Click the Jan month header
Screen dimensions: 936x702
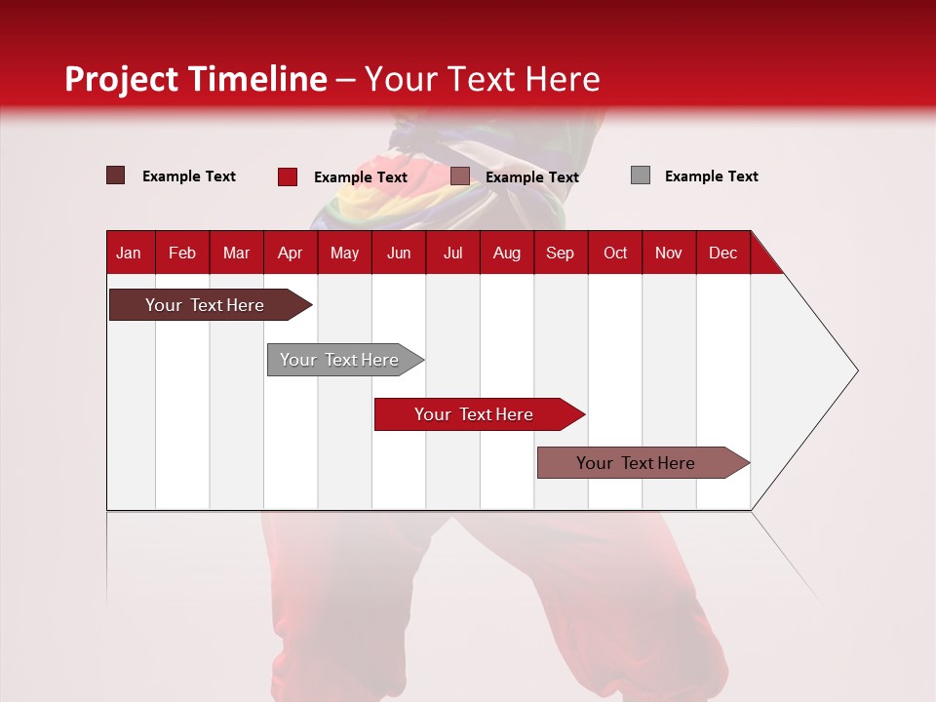pos(129,253)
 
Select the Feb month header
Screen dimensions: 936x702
pos(182,253)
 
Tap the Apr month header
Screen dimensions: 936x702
pos(291,253)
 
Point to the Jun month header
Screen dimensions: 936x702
pos(399,253)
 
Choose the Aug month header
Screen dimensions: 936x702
pos(507,253)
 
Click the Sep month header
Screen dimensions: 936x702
pos(560,253)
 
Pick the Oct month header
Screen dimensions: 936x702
pos(615,253)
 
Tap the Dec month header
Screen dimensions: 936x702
pos(722,253)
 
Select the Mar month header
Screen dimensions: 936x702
pos(236,253)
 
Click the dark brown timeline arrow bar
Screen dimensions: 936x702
pos(211,305)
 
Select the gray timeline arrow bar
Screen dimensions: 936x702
pos(345,360)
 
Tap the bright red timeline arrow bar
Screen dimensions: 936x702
pos(480,414)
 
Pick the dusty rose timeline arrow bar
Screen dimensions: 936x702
pos(643,462)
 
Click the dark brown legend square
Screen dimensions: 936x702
pos(115,175)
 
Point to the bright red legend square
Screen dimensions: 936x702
pos(288,176)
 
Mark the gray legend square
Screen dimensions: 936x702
pos(641,175)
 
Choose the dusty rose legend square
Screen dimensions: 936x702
pos(459,176)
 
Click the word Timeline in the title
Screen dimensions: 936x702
pos(258,79)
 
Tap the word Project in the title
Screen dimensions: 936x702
pos(121,80)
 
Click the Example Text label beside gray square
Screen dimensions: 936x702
pos(712,176)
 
